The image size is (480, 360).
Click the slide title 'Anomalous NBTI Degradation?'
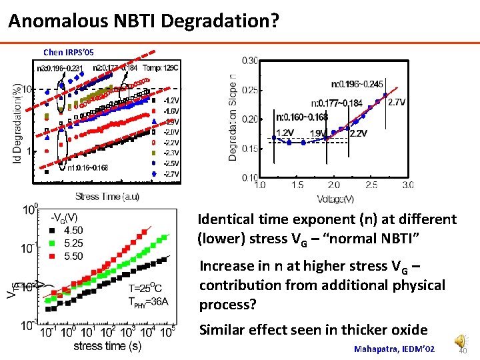143,21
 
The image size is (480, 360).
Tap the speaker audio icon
459,341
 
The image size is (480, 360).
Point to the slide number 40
465,351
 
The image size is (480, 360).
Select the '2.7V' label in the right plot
397,102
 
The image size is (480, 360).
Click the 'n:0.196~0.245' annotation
357,85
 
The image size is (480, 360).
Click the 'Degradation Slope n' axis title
233,117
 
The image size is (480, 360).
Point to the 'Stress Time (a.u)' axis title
107,197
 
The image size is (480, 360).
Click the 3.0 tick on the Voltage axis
407,185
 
